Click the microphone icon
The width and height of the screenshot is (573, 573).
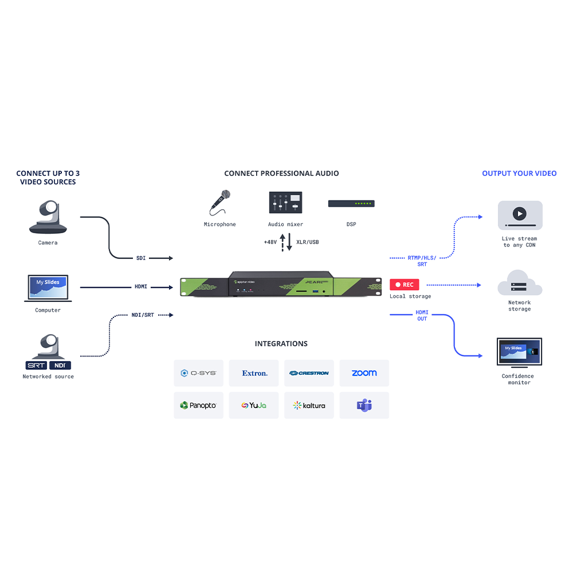(219, 202)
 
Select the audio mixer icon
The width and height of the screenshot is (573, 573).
(285, 203)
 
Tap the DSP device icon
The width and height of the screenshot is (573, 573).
(351, 203)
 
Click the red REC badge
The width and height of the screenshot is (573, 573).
(405, 285)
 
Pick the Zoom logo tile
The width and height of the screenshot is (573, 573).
(364, 373)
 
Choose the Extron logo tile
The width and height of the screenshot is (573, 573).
(254, 373)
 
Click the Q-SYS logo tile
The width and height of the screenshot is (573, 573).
(198, 373)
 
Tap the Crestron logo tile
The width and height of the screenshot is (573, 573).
(309, 373)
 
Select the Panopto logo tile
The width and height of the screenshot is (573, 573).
(198, 405)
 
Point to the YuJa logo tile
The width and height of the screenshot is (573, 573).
(254, 405)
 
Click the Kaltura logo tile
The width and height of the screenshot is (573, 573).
(309, 405)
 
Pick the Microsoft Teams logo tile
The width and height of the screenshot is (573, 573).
(364, 405)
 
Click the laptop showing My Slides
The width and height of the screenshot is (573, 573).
(48, 288)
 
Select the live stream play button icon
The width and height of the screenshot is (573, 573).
(520, 214)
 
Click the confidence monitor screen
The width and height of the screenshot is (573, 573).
(519, 351)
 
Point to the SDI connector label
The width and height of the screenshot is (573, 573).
(141, 258)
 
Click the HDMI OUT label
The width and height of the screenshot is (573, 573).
(422, 315)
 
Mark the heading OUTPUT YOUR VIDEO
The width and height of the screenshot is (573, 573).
(519, 173)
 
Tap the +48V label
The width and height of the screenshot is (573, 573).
(270, 242)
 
